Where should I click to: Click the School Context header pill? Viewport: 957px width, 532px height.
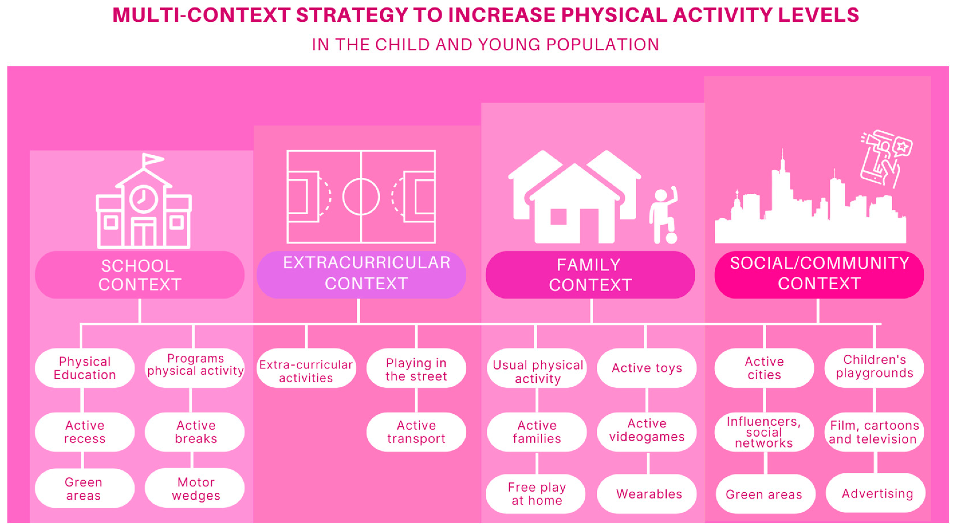click(139, 275)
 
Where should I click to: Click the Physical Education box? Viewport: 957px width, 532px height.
click(85, 368)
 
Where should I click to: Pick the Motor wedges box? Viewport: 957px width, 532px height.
click(195, 488)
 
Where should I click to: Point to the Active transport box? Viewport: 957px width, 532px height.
click(416, 432)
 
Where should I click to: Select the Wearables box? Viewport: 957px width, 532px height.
click(647, 494)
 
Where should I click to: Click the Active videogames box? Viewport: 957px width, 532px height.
click(647, 431)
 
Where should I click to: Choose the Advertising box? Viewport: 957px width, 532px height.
click(875, 493)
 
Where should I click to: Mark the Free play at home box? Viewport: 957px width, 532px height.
click(536, 494)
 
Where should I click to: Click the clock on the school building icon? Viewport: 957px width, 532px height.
click(143, 199)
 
